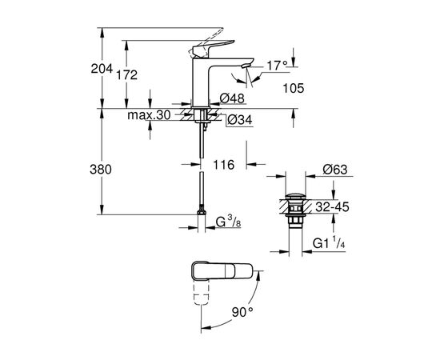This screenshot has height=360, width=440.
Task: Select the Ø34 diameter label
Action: click(238, 120)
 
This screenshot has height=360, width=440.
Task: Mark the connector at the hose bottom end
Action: click(198, 215)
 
